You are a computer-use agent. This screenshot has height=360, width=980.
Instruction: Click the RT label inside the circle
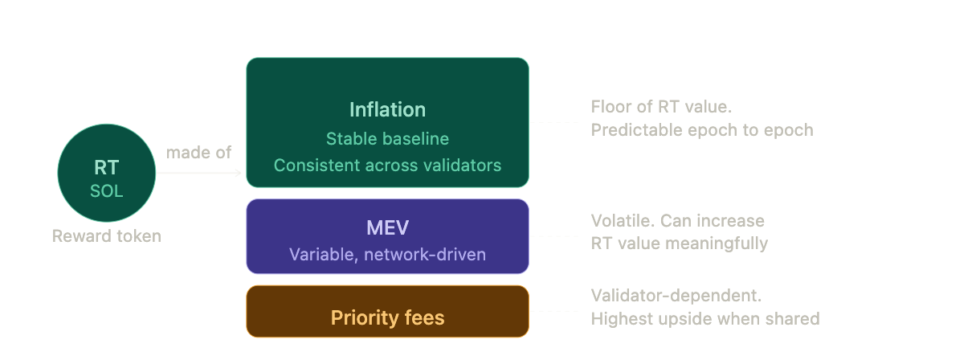point(106,167)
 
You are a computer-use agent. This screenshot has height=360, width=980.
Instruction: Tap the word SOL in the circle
point(106,191)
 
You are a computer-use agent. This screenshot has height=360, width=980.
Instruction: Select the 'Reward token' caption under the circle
point(107,236)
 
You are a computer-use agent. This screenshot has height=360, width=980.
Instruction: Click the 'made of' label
point(198,153)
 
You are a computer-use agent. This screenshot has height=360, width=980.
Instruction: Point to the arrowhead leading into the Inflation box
point(238,173)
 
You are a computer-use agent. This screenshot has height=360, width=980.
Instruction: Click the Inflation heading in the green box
point(387,109)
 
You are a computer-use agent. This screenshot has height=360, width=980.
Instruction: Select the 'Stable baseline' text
point(387,139)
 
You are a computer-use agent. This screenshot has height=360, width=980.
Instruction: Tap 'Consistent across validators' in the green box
point(387,166)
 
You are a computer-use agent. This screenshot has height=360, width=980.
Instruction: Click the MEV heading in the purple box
point(387,227)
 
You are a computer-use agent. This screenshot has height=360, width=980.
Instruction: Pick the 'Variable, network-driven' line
point(387,255)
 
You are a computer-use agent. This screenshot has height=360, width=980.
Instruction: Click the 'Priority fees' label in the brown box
point(387,317)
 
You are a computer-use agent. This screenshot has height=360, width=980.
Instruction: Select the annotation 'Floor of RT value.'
point(661,107)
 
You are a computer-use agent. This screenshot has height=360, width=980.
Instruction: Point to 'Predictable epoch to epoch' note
point(702,130)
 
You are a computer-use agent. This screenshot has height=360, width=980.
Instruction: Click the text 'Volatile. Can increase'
point(678,221)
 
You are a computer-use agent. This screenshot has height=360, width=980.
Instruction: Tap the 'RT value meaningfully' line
point(679,243)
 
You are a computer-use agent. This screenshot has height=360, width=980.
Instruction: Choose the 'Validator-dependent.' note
point(676,296)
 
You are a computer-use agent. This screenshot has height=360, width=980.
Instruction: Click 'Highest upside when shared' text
point(704,319)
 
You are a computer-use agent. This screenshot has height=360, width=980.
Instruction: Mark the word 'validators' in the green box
point(462,166)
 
